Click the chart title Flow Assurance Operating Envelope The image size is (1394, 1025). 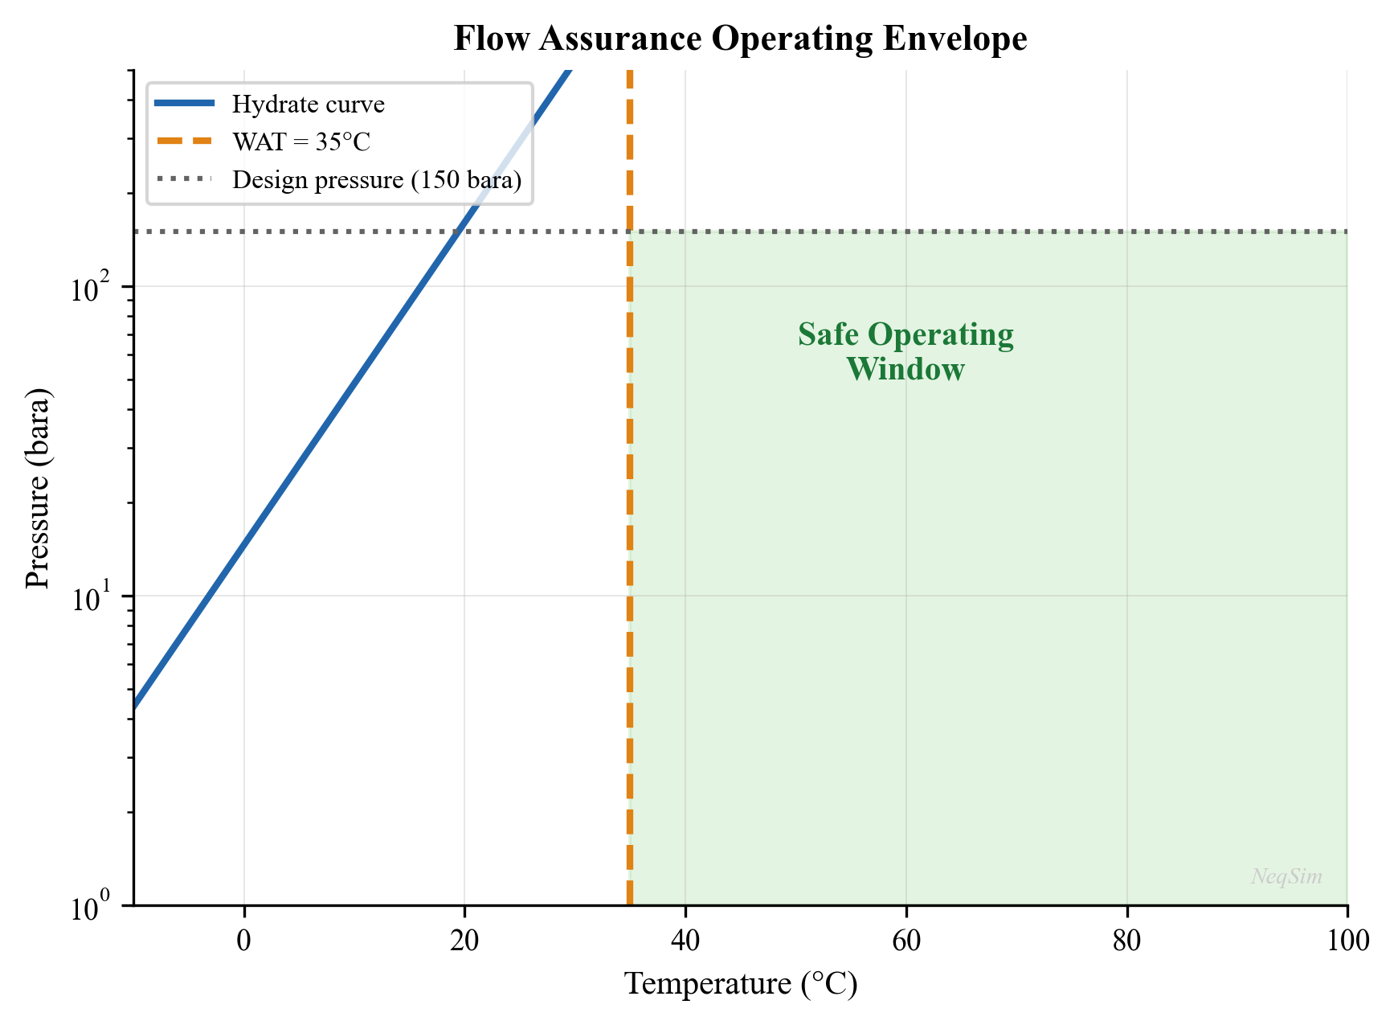740,39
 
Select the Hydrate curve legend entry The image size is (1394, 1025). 308,105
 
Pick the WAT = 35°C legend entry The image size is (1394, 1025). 301,142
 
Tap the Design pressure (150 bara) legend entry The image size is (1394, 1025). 377,180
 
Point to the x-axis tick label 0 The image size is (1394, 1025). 243,940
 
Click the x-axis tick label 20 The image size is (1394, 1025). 464,940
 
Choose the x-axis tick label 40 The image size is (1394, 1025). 685,940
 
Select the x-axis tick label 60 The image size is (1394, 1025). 905,940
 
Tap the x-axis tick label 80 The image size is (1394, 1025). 1126,940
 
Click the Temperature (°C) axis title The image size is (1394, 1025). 740,985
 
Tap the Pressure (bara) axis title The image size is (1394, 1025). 39,488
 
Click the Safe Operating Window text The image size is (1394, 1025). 905,352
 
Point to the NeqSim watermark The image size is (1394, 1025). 1286,876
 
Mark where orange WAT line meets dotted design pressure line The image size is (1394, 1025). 629,232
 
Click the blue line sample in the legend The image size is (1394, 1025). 185,103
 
